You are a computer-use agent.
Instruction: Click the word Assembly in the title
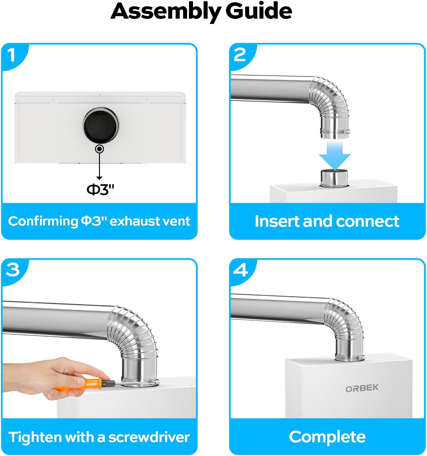pos(166,12)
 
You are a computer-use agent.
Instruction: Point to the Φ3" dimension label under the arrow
pos(100,190)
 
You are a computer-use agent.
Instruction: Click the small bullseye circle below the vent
pos(99,149)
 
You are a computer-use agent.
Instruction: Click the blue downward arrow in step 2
pos(335,155)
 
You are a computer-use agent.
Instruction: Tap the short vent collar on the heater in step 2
pos(334,178)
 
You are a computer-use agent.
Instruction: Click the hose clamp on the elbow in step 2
pos(335,132)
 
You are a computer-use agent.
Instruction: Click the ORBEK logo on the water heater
pos(362,388)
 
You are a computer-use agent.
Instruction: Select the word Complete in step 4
pos(327,437)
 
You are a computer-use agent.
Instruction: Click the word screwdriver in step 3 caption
pos(149,437)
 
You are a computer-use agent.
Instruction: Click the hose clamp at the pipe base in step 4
pos(349,358)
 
